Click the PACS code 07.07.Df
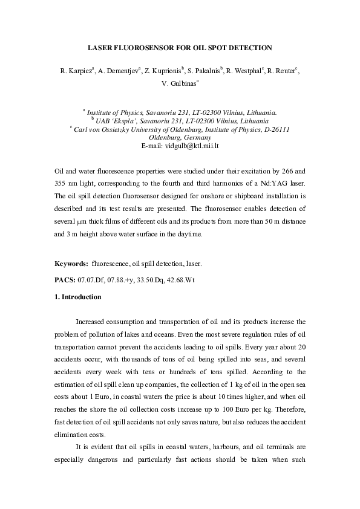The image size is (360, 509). click(91, 280)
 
